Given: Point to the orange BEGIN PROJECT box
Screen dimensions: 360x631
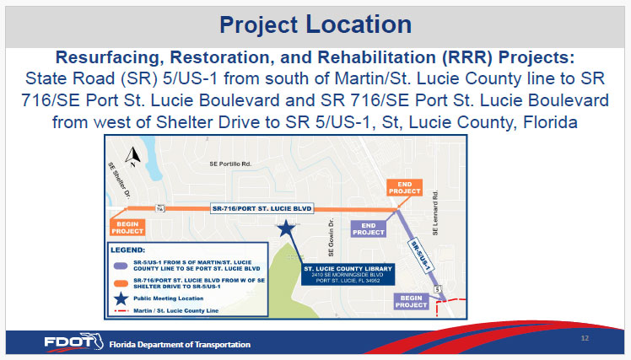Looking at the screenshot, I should point(128,225).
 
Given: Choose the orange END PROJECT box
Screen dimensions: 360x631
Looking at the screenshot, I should point(404,188).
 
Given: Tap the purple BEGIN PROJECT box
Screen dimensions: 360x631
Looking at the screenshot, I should point(412,301).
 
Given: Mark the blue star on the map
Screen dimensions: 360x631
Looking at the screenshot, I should point(287,227).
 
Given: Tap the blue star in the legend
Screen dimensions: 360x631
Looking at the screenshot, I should point(121,297).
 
